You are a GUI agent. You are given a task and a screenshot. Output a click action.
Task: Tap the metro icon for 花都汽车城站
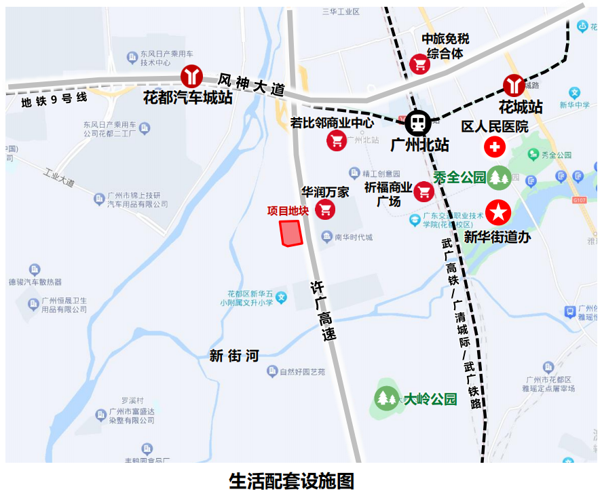point(191,76)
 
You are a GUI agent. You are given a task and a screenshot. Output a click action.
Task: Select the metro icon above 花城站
point(514,85)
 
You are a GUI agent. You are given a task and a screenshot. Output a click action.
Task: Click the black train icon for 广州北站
point(417,123)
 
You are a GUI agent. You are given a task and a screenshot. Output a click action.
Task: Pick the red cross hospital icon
point(494,147)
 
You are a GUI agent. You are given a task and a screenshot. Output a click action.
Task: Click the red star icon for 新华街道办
point(499,212)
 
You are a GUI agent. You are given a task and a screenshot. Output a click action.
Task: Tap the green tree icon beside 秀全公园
point(500,178)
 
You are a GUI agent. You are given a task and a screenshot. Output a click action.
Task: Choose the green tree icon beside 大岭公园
point(386,398)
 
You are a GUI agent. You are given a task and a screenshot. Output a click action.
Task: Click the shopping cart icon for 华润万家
point(326,210)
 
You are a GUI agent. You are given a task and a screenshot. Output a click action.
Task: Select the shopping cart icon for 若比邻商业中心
point(337,140)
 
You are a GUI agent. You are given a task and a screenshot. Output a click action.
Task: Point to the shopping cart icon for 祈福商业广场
point(425,192)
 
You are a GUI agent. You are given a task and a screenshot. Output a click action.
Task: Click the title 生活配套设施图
point(292,481)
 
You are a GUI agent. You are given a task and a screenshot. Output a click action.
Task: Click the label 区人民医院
point(495,127)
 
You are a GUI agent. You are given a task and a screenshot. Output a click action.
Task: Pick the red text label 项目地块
point(288,211)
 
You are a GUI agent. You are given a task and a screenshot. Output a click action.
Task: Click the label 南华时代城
point(354,237)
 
